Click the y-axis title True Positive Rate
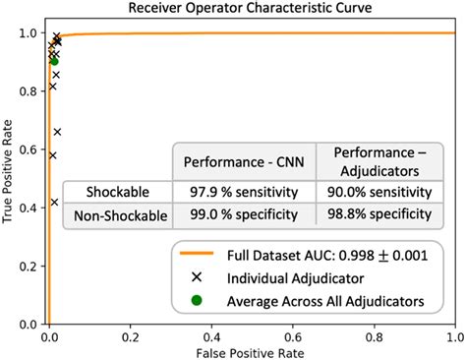11,175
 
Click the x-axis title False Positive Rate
250,350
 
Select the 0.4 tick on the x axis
209,334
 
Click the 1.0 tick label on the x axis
453,334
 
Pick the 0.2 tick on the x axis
129,334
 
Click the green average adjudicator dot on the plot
54,61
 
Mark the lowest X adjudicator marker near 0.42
54,203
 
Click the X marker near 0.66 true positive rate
57,132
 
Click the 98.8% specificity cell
376,213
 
